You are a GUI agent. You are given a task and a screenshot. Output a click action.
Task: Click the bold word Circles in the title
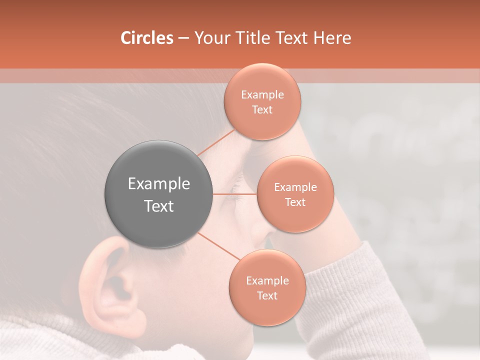(x=146, y=38)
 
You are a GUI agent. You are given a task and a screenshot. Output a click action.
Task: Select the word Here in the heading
(x=332, y=38)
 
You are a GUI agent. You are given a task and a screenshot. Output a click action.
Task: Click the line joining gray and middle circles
(x=235, y=194)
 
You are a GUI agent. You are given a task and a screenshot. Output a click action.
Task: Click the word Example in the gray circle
(x=159, y=184)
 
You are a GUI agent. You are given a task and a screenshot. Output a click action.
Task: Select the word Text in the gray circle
(x=159, y=206)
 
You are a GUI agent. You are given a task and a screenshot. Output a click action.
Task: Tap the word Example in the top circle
(x=262, y=94)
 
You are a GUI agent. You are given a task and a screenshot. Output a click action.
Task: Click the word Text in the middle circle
(x=295, y=202)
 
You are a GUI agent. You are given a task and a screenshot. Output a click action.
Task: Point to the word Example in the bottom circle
(x=267, y=280)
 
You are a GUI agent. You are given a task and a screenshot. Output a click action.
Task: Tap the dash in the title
(x=183, y=38)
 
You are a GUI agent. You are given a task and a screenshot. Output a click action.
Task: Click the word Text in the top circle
(x=262, y=109)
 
